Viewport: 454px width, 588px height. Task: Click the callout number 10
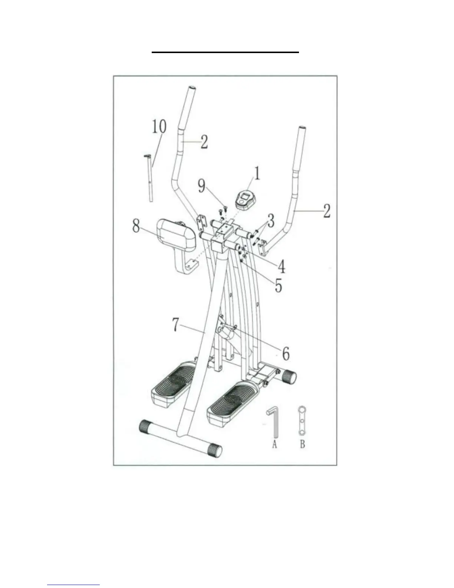(x=159, y=127)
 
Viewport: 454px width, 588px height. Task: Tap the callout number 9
(x=201, y=186)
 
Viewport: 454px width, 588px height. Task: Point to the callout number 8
(x=136, y=225)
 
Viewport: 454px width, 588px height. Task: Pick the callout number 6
(x=286, y=353)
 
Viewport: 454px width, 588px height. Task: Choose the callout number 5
(x=278, y=285)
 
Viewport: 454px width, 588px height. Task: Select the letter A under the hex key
(x=274, y=444)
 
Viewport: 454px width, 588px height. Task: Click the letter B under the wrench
(x=302, y=444)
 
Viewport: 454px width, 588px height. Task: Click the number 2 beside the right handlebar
(x=326, y=210)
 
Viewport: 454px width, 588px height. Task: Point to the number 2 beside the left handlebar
(x=204, y=141)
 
